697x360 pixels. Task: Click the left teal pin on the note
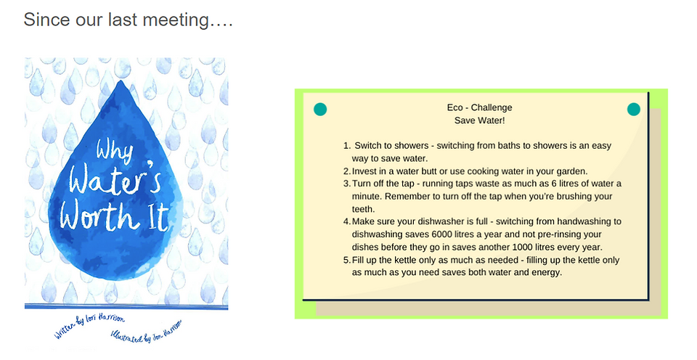click(x=320, y=109)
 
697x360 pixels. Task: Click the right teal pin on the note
click(x=633, y=109)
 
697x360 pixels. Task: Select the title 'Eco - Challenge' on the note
click(x=480, y=107)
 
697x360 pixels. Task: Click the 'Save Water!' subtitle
click(x=480, y=120)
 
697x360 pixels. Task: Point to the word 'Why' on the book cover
click(x=114, y=151)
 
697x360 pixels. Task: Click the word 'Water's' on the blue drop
click(x=114, y=179)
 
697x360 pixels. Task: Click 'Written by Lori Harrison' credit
click(x=89, y=326)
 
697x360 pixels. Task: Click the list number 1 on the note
click(x=347, y=146)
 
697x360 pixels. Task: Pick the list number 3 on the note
click(x=347, y=184)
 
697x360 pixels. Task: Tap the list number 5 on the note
click(x=347, y=260)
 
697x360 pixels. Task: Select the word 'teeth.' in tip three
click(x=363, y=209)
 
